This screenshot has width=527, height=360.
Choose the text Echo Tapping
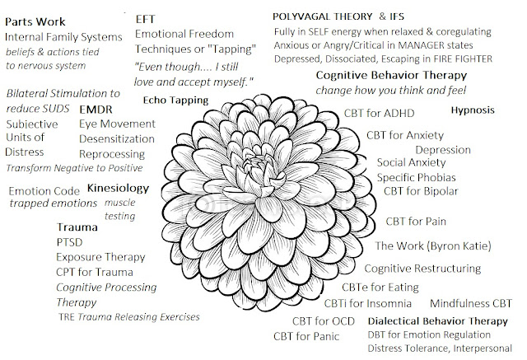click(x=175, y=100)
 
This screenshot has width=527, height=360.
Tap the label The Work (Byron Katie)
click(x=432, y=246)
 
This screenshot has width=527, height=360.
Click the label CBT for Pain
click(x=416, y=221)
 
